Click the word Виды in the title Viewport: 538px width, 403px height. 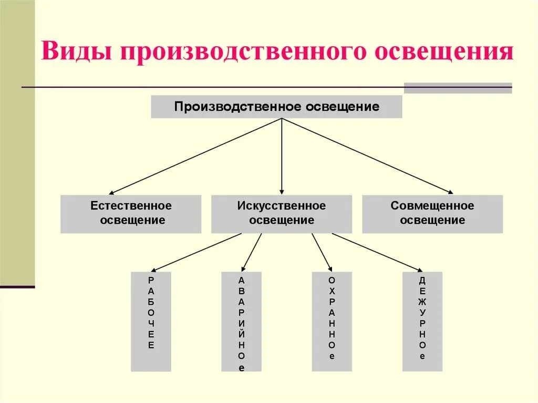pyautogui.click(x=76, y=54)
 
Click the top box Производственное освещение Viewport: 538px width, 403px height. pyautogui.click(x=277, y=107)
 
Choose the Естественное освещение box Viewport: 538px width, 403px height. pyautogui.click(x=131, y=213)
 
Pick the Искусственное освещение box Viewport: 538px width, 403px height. pyautogui.click(x=282, y=213)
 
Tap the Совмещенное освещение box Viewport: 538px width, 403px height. pyautogui.click(x=432, y=213)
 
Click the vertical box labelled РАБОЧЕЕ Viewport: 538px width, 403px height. pyautogui.click(x=151, y=321)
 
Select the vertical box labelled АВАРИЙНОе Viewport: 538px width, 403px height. pyautogui.click(x=241, y=321)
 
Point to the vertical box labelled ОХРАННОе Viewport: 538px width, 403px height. pyautogui.click(x=332, y=321)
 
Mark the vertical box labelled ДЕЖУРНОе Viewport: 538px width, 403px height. pyautogui.click(x=422, y=321)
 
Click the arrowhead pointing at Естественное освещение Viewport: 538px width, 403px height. pyautogui.click(x=111, y=193)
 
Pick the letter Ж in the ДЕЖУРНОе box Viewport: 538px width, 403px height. pyautogui.click(x=422, y=302)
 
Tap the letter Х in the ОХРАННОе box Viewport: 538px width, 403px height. pyautogui.click(x=332, y=291)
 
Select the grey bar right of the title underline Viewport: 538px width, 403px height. pyautogui.click(x=457, y=88)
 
